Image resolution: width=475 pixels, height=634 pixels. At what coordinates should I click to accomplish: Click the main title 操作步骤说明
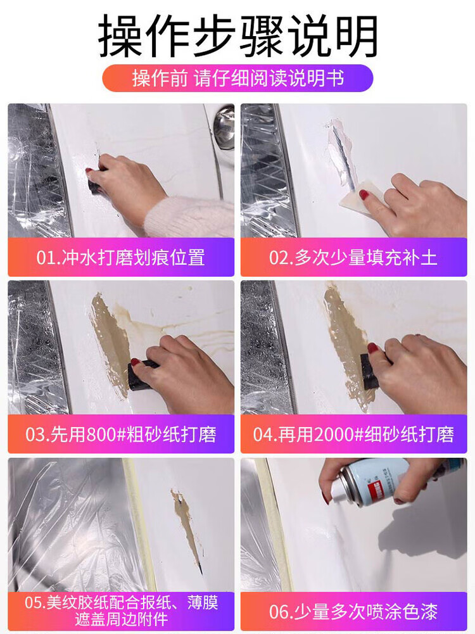pos(237,36)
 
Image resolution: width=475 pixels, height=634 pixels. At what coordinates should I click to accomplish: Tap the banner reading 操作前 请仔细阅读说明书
pos(237,78)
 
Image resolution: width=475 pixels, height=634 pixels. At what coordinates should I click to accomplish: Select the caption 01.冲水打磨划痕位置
pos(121,258)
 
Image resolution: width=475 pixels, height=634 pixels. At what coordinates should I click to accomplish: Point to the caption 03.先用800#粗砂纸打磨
pos(121,434)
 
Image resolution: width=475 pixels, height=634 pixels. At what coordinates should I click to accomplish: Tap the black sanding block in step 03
pos(141,374)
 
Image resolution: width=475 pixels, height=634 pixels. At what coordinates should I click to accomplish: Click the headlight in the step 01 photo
pos(35,170)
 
